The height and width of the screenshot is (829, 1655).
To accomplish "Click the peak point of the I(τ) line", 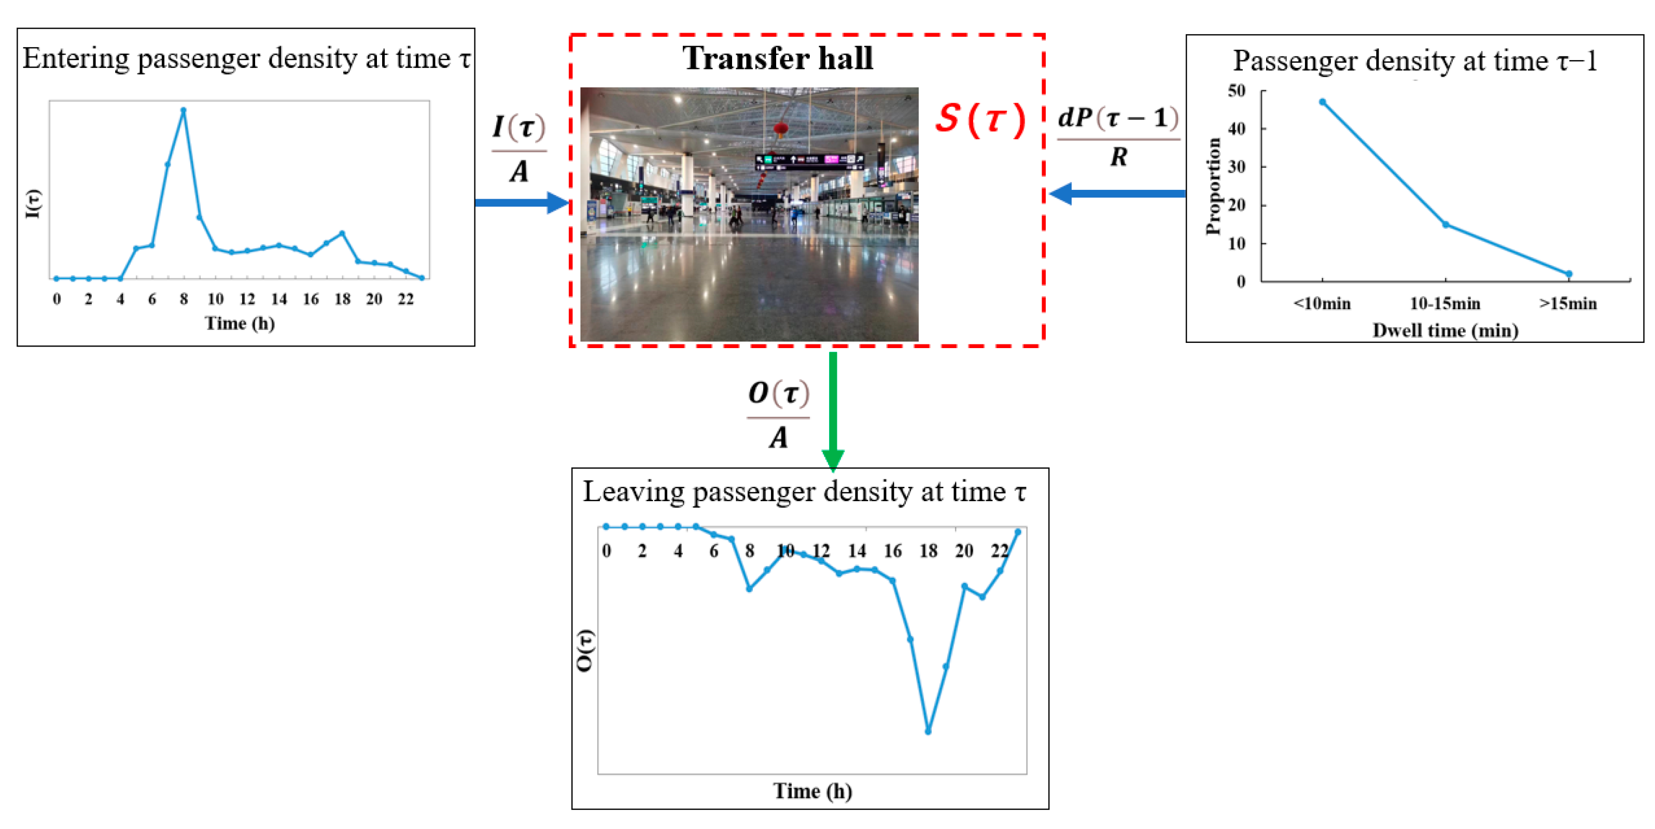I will pyautogui.click(x=183, y=110).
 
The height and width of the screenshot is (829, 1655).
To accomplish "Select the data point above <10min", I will pyautogui.click(x=1322, y=102).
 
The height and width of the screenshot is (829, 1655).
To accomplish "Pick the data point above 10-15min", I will pyautogui.click(x=1446, y=224).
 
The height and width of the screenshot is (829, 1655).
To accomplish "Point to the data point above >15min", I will pyautogui.click(x=1569, y=274).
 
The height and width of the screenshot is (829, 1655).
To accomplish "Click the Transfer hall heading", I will pyautogui.click(x=777, y=59).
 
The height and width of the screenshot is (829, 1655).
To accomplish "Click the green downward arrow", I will pyautogui.click(x=833, y=411).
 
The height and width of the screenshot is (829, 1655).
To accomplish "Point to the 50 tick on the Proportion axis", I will pyautogui.click(x=1236, y=91).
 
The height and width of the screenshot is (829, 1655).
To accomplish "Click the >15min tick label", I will pyautogui.click(x=1567, y=303).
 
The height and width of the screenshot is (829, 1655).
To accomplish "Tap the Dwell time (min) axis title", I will pyautogui.click(x=1445, y=330).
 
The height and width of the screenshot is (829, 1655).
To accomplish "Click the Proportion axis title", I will pyautogui.click(x=1213, y=186).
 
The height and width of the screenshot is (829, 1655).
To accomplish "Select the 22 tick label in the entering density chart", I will pyautogui.click(x=405, y=299).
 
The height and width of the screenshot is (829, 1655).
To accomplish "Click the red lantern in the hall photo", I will pyautogui.click(x=780, y=129).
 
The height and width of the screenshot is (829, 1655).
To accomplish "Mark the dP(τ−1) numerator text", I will pyautogui.click(x=1118, y=118).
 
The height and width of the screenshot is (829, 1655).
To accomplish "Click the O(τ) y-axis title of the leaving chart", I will pyautogui.click(x=585, y=651).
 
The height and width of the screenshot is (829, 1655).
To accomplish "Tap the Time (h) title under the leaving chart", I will pyautogui.click(x=812, y=791).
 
